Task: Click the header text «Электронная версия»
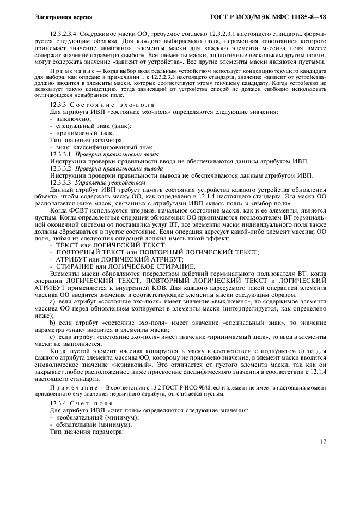[x=57, y=17]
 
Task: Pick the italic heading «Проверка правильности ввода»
[x=117, y=154]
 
